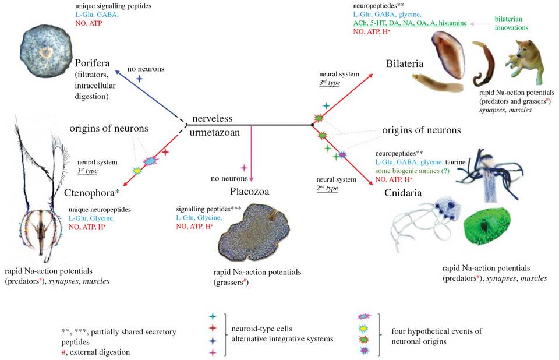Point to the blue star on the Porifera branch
tap(139, 78)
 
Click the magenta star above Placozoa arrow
tap(244, 168)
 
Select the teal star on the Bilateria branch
tap(326, 106)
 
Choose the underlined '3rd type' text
tap(330, 83)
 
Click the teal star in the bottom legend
tap(213, 316)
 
